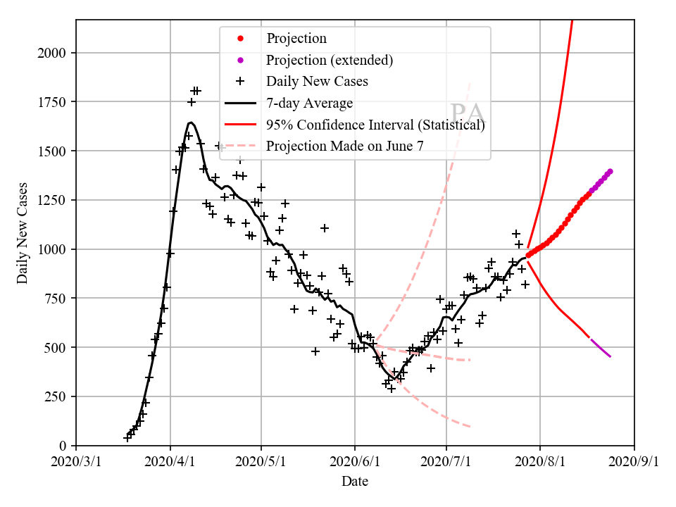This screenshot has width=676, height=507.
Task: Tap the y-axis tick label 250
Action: click(x=57, y=396)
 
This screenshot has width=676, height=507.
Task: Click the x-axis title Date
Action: click(x=355, y=482)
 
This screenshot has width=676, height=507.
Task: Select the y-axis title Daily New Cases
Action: click(x=23, y=233)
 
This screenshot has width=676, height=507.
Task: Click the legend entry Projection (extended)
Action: click(x=329, y=60)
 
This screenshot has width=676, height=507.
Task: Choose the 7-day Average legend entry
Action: click(x=309, y=104)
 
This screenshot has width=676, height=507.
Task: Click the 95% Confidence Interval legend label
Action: click(x=375, y=125)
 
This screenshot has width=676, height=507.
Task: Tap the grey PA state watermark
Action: click(x=467, y=113)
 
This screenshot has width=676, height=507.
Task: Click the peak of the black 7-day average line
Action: click(x=191, y=123)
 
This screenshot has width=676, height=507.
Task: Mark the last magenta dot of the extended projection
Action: click(x=610, y=171)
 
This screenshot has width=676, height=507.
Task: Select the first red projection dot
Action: click(x=528, y=256)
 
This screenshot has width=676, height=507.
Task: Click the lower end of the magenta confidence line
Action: click(x=611, y=357)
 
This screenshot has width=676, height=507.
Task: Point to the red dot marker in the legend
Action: click(x=240, y=38)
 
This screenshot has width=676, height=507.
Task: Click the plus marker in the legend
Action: click(x=240, y=82)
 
